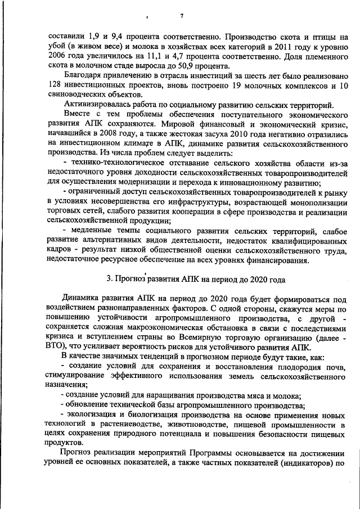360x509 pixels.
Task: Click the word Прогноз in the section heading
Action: click(131, 279)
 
